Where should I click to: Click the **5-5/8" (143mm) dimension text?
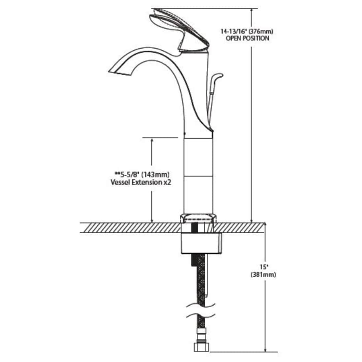(x=142, y=174)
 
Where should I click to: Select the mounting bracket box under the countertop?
(x=202, y=243)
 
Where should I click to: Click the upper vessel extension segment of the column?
(x=197, y=157)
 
